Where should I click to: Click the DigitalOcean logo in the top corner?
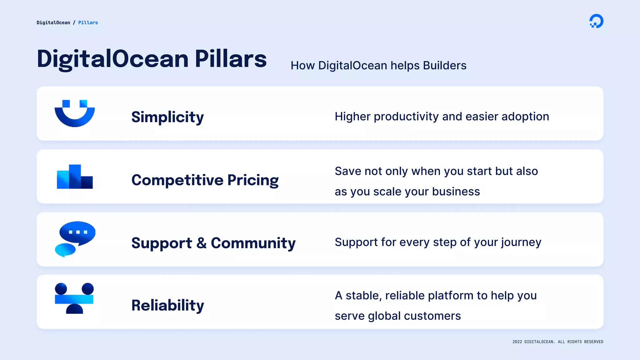596,21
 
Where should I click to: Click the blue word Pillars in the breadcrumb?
88,22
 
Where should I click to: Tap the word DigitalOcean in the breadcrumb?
53,22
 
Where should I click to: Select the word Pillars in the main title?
231,59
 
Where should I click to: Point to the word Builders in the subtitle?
444,66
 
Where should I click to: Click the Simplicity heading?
167,117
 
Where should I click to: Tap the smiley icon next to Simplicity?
75,113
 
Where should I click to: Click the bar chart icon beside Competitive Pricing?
75,177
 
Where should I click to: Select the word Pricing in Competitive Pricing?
253,180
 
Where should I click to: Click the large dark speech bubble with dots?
77,232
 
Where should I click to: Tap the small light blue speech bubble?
65,250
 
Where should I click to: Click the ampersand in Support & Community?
202,243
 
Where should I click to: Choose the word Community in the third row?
253,243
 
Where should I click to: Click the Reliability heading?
167,305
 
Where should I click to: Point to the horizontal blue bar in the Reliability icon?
74,299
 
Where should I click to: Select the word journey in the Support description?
521,242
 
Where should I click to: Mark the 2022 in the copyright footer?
517,342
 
